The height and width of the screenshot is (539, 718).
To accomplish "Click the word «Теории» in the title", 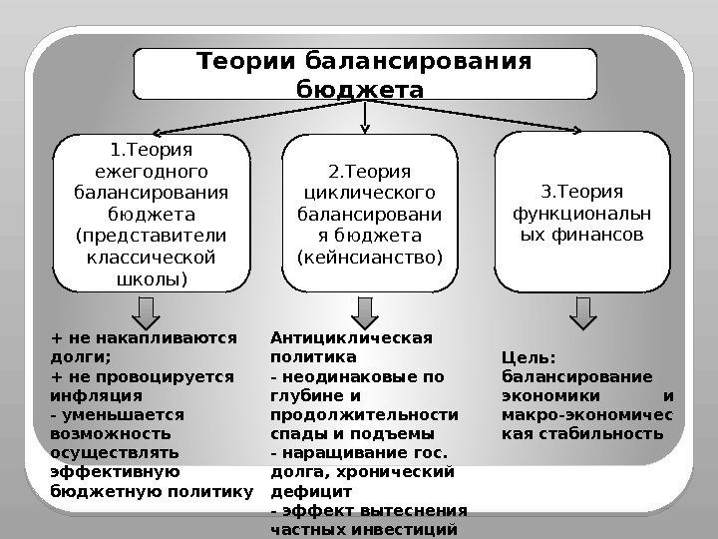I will pos(242,63).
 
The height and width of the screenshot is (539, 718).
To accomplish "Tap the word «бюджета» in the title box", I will pos(361,90).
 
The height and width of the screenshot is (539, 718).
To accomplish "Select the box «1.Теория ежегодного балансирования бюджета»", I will pos(151,213).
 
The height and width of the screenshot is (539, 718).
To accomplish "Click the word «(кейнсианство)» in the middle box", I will pos(370,258).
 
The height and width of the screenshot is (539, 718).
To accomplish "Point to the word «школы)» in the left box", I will pos(151,278).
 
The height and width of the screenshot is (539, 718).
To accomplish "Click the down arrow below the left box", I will pos(147,312).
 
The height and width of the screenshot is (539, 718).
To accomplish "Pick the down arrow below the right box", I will pos(583,312).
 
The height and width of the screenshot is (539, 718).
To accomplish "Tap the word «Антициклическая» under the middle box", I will pos(351,336).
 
